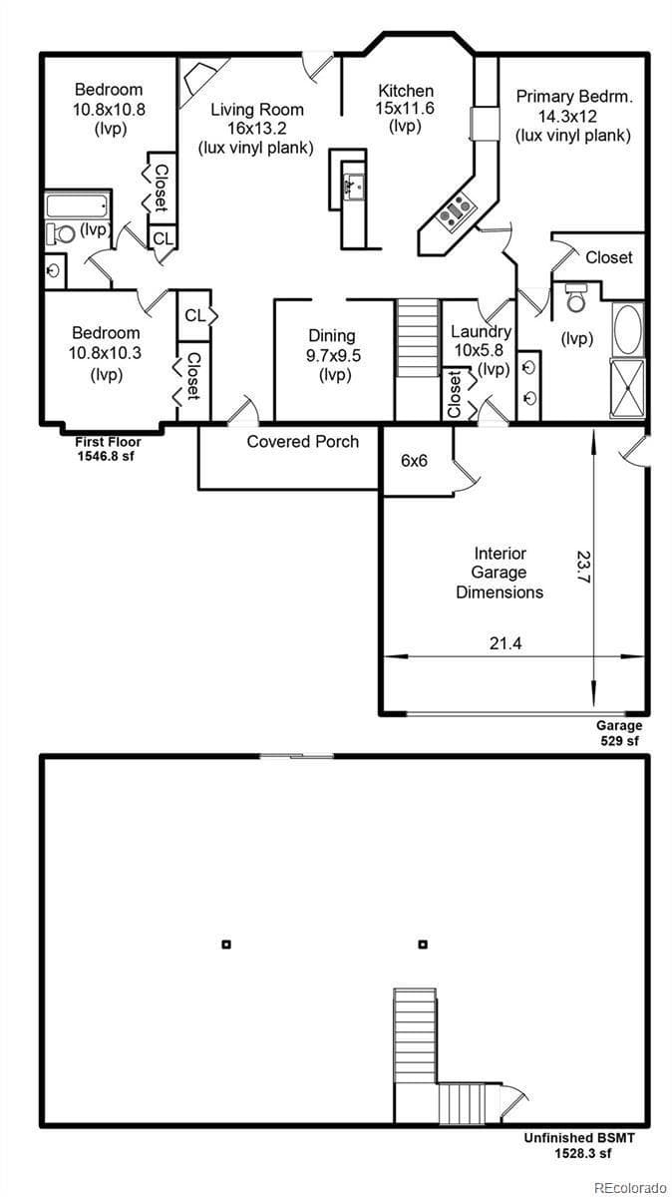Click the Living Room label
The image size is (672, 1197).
pos(256,110)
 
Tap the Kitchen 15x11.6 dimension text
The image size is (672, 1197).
pos(405,108)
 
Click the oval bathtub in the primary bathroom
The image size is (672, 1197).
pos(628,330)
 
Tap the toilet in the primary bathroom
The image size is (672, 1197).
pos(576,296)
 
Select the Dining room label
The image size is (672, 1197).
pos(331,336)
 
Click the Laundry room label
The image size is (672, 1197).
pos(481,332)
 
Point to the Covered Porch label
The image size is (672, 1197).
pos(303,441)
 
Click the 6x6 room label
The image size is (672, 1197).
pos(415,461)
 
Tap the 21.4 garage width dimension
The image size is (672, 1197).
pos(505,643)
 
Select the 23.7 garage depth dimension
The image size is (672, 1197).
pos(583,566)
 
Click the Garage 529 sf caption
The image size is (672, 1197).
pos(618,733)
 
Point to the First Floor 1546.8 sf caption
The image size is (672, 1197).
pos(109,448)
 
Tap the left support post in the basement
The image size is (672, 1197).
pos(226,944)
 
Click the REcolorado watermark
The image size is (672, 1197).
pos(628,1187)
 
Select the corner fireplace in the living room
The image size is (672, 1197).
pos(198,78)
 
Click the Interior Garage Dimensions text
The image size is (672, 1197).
pos(500,573)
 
